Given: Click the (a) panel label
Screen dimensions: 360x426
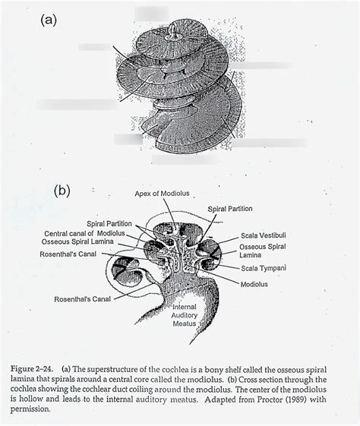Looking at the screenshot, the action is [49, 21].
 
